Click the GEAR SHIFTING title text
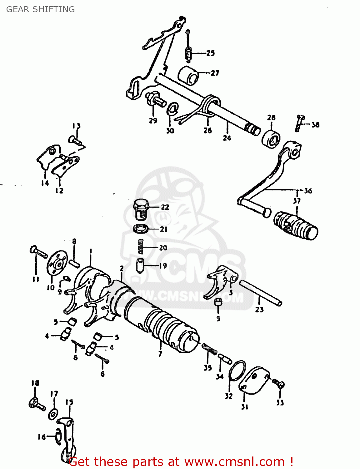pyautogui.click(x=40, y=9)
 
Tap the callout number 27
pyautogui.click(x=215, y=73)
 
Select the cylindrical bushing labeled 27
pyautogui.click(x=189, y=75)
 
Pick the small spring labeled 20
pyautogui.click(x=141, y=246)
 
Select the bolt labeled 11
pyautogui.click(x=38, y=252)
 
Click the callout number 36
pyautogui.click(x=308, y=191)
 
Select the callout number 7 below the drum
pyautogui.click(x=160, y=354)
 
